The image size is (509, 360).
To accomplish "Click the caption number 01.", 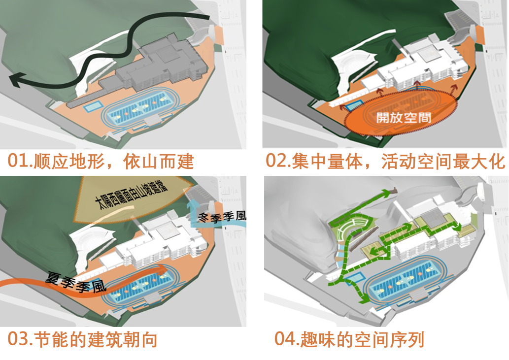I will pos(19,161).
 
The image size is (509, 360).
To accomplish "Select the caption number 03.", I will pos(19,339).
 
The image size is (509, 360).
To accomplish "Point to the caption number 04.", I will pos(286,339).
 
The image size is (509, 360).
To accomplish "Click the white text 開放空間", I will pos(397,117).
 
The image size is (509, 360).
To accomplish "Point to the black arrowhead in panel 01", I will pos(17,80).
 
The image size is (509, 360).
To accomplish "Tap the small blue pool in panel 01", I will pos(92,106).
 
